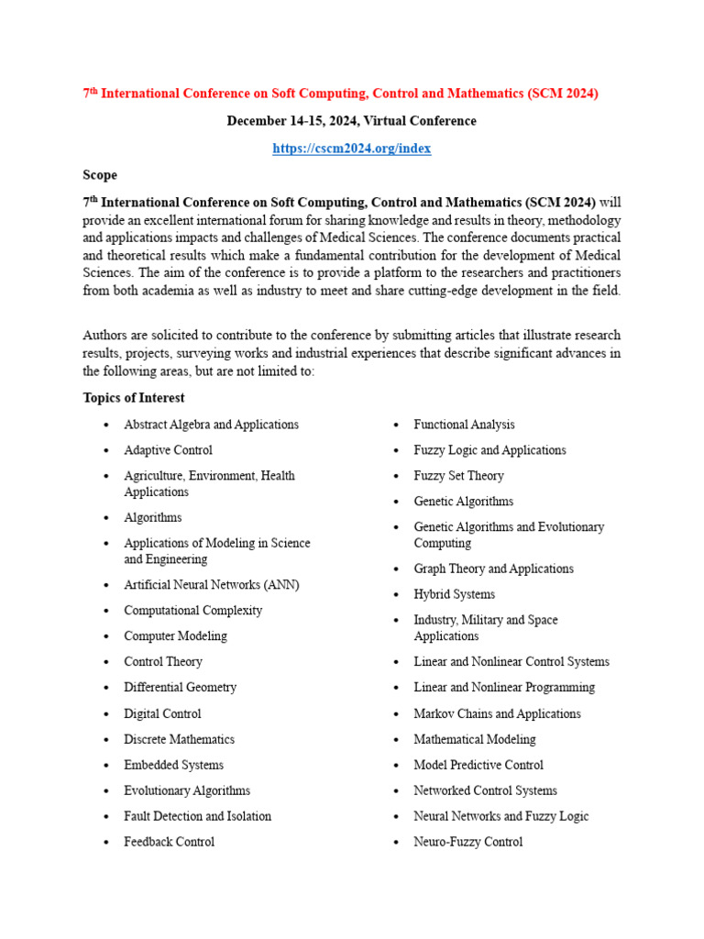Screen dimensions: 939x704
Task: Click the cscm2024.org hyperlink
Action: tap(351, 148)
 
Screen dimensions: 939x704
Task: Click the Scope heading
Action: tap(100, 174)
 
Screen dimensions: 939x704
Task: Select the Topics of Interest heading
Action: tap(134, 398)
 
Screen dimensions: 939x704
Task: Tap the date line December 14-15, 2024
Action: tap(351, 121)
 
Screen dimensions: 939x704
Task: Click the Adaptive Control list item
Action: tap(168, 450)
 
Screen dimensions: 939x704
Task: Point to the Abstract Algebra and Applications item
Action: tap(211, 425)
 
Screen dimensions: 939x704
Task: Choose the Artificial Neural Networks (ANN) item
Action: tap(211, 585)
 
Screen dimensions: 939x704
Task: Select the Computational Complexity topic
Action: tap(192, 611)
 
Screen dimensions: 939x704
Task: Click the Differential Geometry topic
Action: tap(180, 688)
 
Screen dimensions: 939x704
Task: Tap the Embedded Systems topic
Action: tap(173, 765)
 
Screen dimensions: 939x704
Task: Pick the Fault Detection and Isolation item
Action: tap(197, 816)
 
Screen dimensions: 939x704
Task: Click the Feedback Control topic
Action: tap(169, 842)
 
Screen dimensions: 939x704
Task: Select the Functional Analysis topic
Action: tap(464, 425)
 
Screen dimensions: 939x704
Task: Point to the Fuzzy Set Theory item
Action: tap(458, 476)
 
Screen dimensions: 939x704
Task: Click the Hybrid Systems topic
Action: tap(454, 594)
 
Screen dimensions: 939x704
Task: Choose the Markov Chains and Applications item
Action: tap(497, 713)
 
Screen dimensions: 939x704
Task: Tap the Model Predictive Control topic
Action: tap(478, 765)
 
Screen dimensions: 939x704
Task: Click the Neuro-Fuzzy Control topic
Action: tap(467, 842)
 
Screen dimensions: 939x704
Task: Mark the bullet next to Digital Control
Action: tap(107, 714)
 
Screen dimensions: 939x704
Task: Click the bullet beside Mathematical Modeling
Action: tap(396, 740)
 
